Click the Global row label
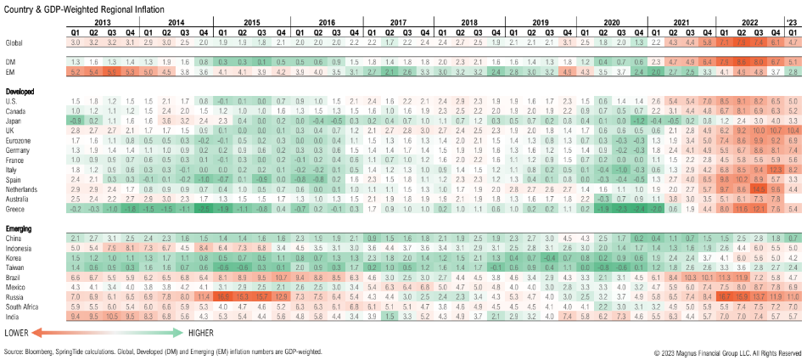(x=14, y=41)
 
